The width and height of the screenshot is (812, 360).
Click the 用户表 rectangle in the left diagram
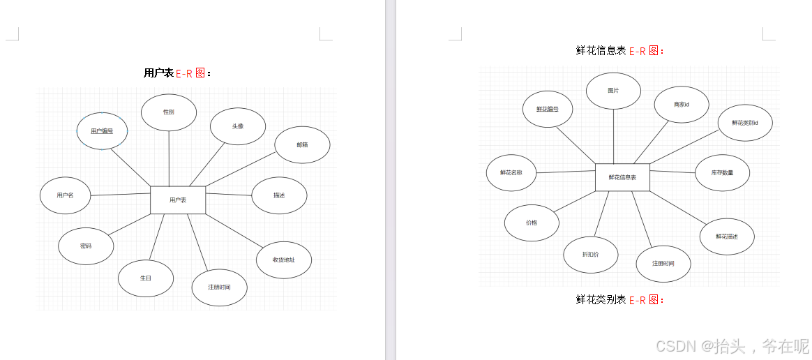pos(178,200)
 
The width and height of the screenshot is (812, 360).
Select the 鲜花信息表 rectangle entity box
pos(622,177)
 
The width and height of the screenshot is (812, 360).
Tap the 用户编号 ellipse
pos(102,130)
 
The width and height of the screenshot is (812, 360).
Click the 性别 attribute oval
pos(169,112)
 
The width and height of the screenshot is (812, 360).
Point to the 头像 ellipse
pos(238,126)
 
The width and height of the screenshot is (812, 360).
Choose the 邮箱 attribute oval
pos(302,145)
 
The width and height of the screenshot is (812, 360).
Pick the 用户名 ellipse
pos(66,195)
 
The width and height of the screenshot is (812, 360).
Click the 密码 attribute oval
pos(86,246)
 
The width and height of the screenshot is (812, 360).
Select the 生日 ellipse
pos(146,278)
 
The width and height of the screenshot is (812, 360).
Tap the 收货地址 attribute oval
pos(283,260)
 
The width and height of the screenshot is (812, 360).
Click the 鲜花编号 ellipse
pos(548,110)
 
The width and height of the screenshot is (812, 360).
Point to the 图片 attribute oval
pos(613,91)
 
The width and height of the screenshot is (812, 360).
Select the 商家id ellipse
pos(682,105)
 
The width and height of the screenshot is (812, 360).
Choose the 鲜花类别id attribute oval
pos(745,123)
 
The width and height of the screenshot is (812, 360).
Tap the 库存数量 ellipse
pos(723,172)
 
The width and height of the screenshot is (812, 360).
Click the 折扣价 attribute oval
pos(590,255)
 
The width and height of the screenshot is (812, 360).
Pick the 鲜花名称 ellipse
pos(511,172)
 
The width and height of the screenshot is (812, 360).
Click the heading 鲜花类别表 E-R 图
pos(620,300)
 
